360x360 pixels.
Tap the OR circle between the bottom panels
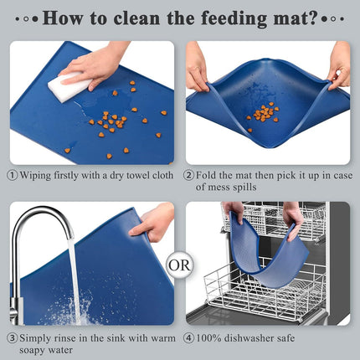[179, 265]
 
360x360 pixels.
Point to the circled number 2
[189, 176]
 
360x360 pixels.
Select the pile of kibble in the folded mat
[265, 112]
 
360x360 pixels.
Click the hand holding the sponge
[99, 62]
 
